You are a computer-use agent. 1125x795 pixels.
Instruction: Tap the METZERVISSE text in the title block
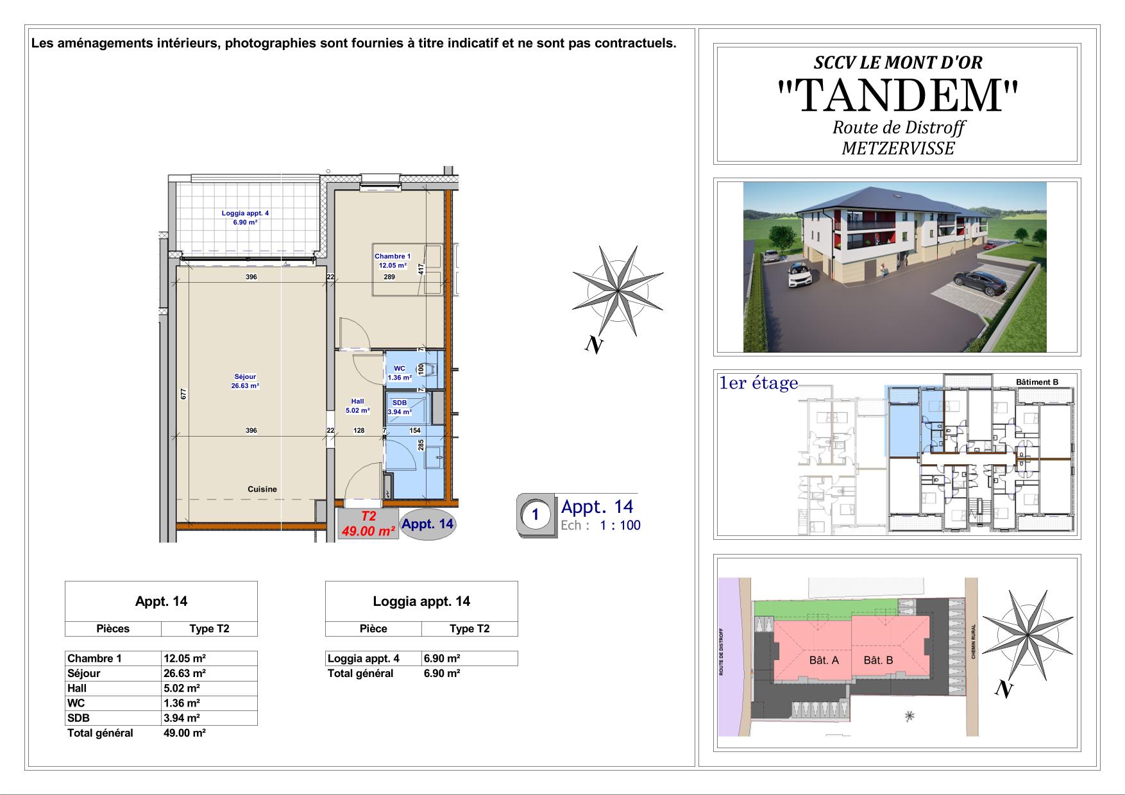(897, 149)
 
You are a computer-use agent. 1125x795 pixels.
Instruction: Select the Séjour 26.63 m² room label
(245, 381)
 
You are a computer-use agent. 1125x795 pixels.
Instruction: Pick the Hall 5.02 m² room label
(357, 406)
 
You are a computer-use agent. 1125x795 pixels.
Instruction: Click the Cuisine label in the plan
(262, 489)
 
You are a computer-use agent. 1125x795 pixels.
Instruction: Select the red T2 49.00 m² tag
(368, 524)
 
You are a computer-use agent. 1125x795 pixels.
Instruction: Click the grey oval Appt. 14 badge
(427, 524)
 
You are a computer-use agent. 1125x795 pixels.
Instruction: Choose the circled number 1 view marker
(535, 514)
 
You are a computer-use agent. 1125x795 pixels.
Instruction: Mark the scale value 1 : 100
(620, 526)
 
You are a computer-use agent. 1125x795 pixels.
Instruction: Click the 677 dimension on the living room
(183, 394)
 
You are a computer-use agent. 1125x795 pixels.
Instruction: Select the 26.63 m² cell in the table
(185, 673)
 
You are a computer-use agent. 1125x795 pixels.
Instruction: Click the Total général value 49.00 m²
(185, 733)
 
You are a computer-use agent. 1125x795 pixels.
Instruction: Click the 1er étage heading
(759, 383)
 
